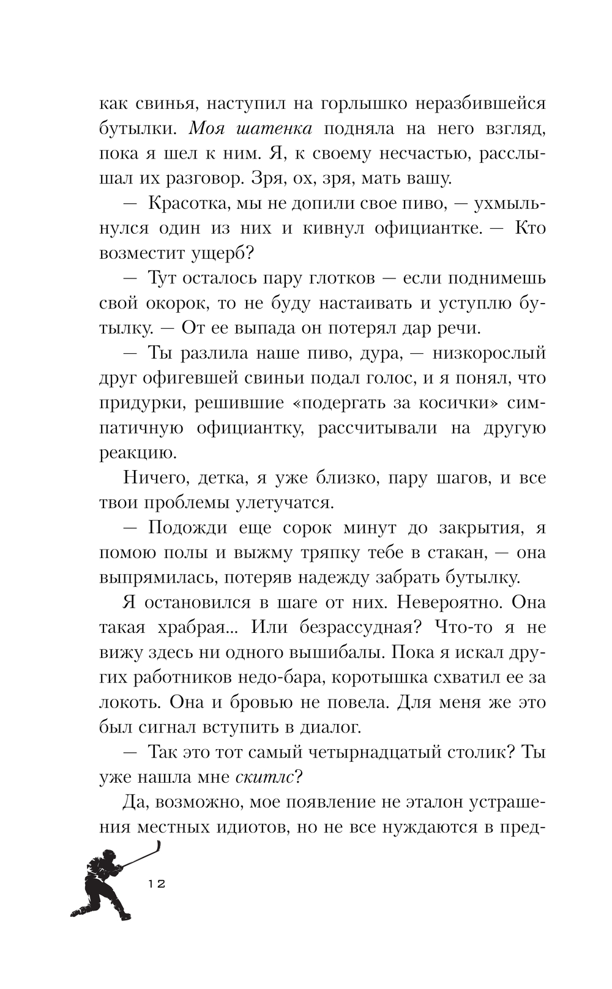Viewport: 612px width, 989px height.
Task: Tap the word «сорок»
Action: [x=304, y=528]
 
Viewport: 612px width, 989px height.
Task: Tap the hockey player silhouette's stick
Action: [x=144, y=854]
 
